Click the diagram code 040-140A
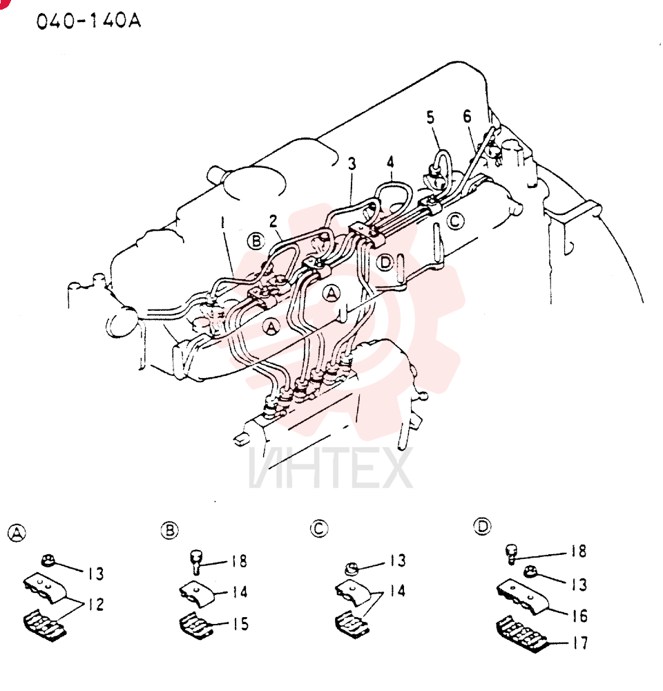[88, 21]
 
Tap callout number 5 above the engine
[430, 117]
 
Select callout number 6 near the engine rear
[467, 116]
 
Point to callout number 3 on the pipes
[351, 164]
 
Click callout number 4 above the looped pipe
[390, 162]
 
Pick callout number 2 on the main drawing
[273, 221]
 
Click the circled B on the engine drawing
[256, 241]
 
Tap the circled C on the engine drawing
[456, 220]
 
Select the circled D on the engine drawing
[385, 263]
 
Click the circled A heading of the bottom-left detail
[17, 533]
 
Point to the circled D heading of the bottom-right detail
[482, 526]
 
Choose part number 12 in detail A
[95, 604]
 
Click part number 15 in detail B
[240, 623]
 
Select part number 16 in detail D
[579, 616]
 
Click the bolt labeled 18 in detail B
[196, 561]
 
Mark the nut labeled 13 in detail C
[351, 569]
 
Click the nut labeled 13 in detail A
[48, 561]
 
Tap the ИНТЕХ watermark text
[331, 468]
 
